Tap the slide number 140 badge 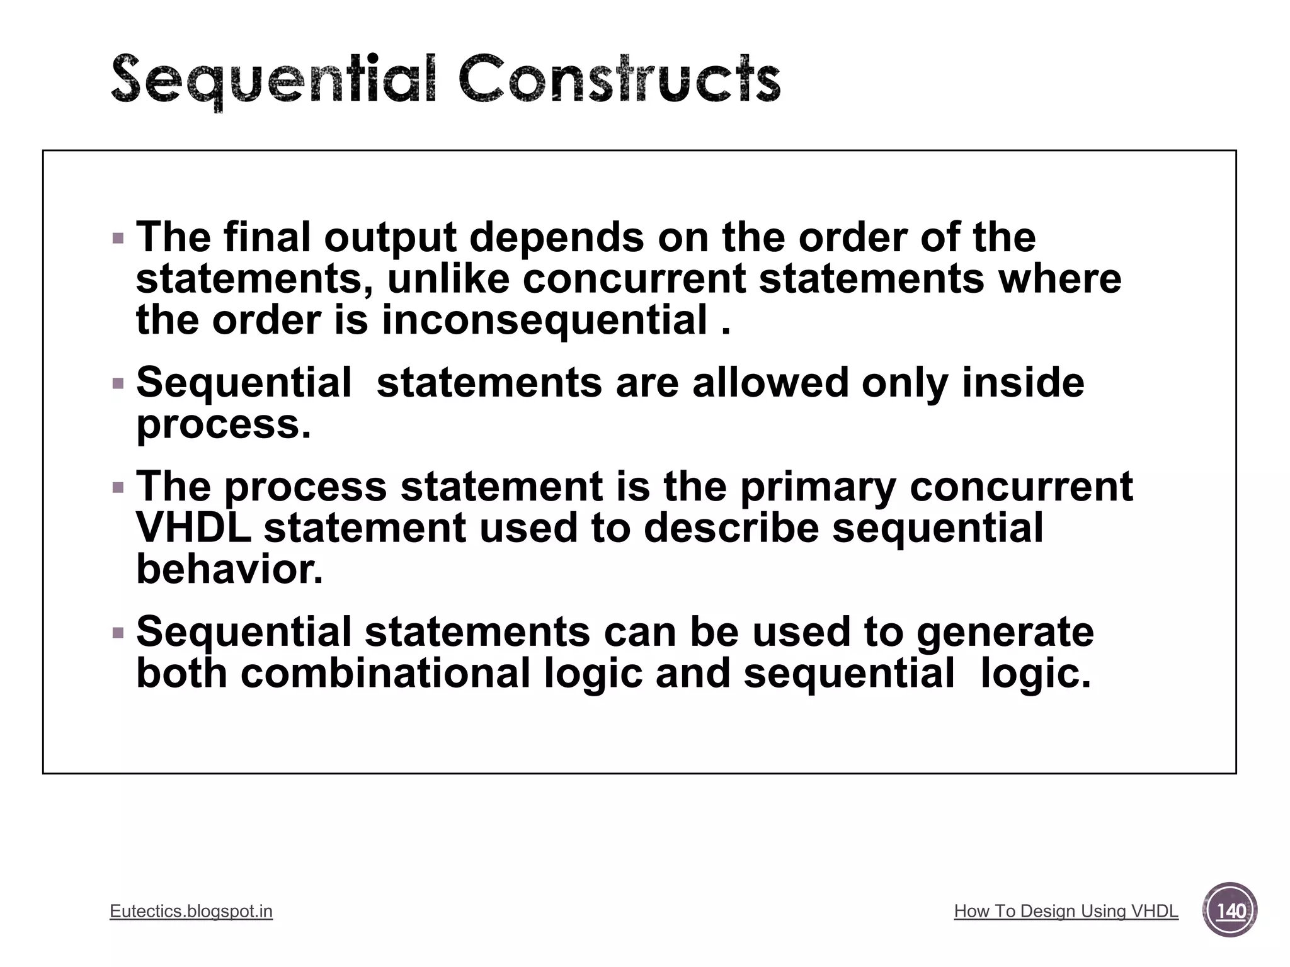pyautogui.click(x=1230, y=910)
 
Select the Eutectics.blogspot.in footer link pyautogui.click(x=191, y=911)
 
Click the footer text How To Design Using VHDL pyautogui.click(x=1066, y=911)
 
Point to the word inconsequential pyautogui.click(x=545, y=320)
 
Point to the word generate pyautogui.click(x=1005, y=632)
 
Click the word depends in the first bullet pyautogui.click(x=557, y=237)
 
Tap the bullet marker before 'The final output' pyautogui.click(x=118, y=239)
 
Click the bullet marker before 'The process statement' pyautogui.click(x=118, y=487)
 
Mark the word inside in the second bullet pyautogui.click(x=1023, y=382)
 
